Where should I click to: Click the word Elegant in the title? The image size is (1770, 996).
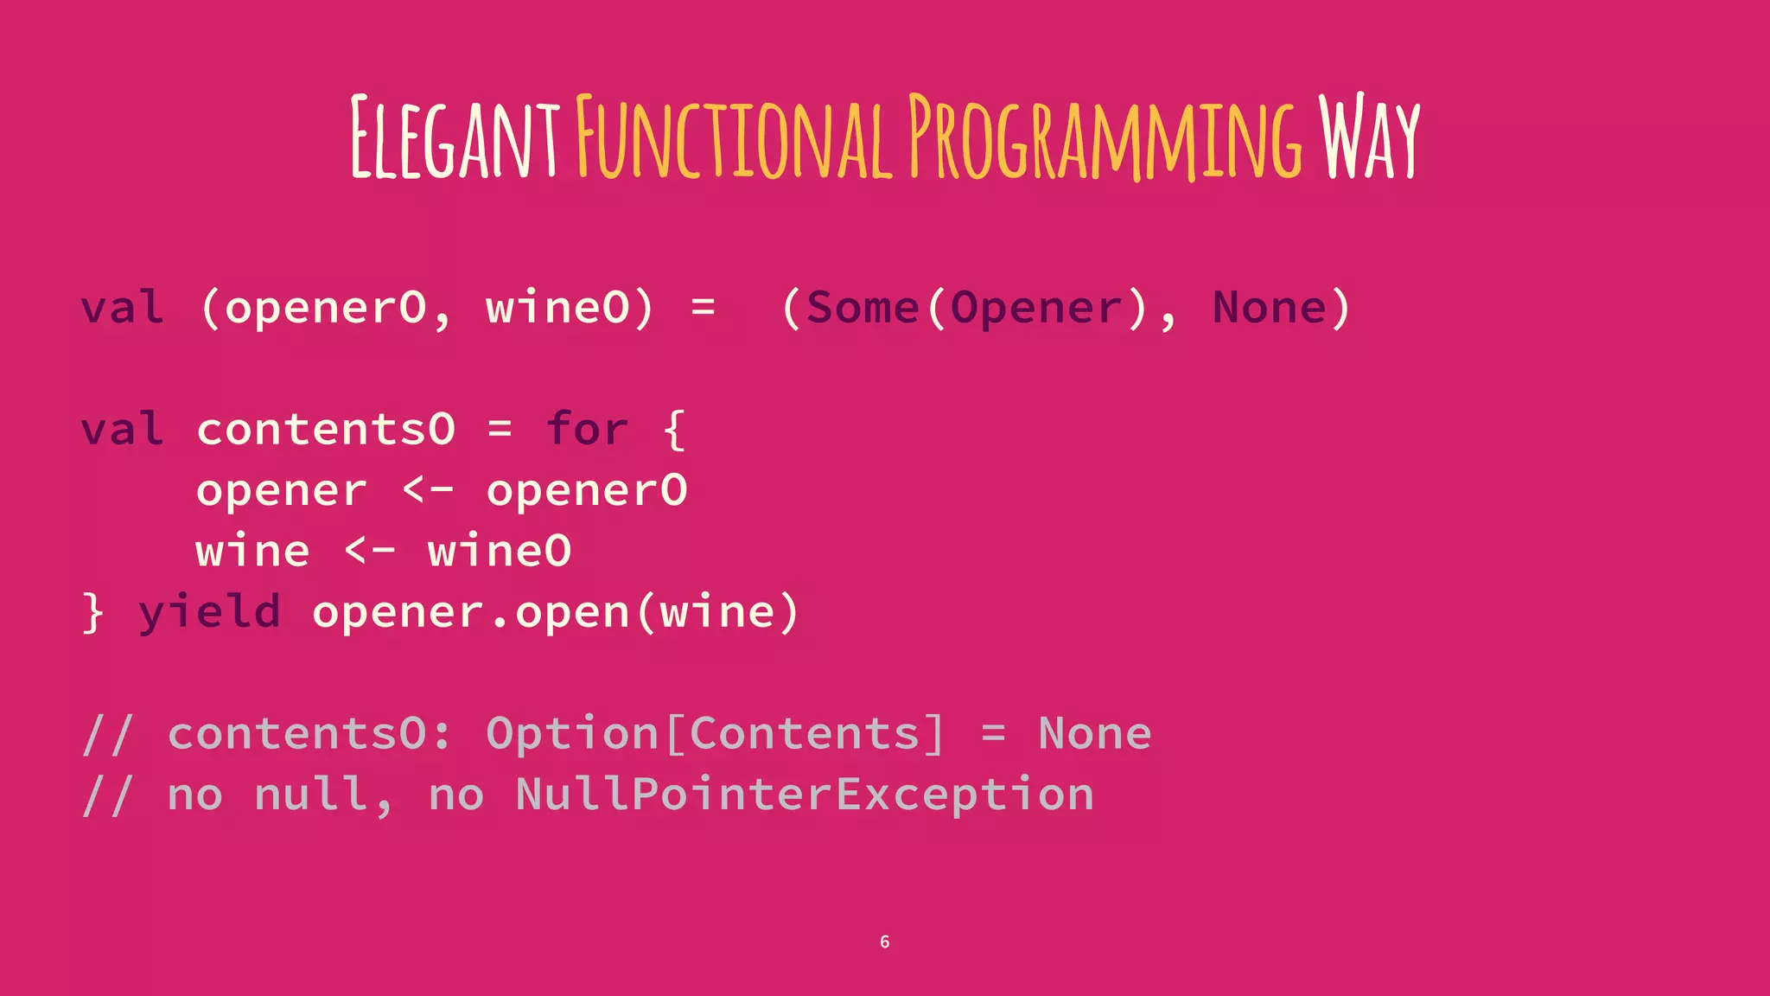point(455,138)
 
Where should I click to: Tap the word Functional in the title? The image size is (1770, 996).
point(734,138)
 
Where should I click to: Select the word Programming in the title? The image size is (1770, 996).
point(1105,138)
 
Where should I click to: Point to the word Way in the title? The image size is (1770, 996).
point(1369,138)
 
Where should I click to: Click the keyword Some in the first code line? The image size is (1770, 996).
point(863,308)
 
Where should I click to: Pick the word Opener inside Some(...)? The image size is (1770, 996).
point(1036,308)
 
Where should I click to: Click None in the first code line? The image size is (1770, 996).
point(1269,308)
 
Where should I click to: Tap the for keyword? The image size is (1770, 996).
point(587,429)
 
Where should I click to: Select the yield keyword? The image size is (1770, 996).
point(210,612)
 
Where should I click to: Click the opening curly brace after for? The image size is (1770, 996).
point(675,430)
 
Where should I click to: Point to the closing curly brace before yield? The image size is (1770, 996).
point(93,612)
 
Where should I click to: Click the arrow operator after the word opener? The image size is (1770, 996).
point(428,490)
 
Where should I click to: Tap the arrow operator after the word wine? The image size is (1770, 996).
point(370,551)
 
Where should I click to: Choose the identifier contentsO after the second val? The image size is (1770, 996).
point(326,429)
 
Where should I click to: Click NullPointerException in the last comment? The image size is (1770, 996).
point(805,795)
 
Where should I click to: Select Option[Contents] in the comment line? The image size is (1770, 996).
point(716,734)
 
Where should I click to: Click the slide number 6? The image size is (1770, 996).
point(884,942)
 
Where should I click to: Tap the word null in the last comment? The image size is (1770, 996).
point(311,795)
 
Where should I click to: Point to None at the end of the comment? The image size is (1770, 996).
point(1094,734)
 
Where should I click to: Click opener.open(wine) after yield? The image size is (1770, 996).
point(556,612)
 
